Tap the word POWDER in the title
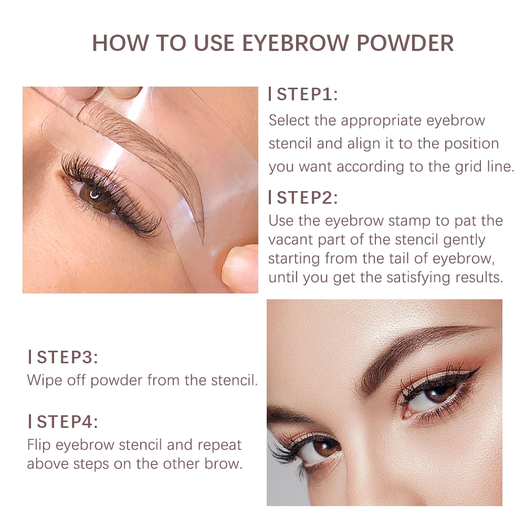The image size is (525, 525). (x=405, y=43)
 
